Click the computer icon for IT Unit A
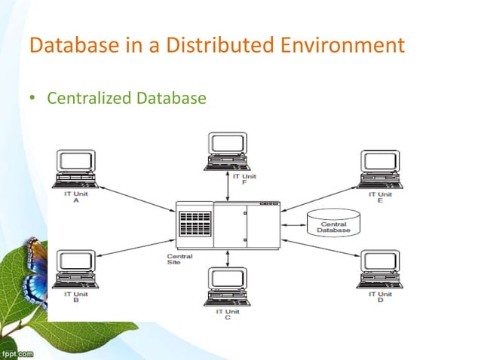point(76,168)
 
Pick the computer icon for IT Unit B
point(76,268)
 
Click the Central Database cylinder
point(333,223)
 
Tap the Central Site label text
point(179,260)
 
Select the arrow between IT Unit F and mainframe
point(226,185)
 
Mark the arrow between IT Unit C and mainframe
point(226,258)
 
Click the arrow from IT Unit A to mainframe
point(136,199)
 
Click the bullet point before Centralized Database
point(32,98)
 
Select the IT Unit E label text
point(380,197)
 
